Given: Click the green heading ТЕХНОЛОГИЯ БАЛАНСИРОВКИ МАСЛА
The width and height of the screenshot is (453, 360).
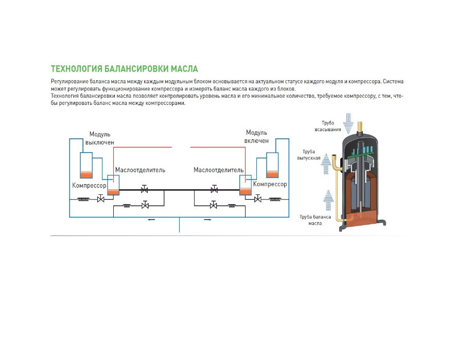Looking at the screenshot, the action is tap(124, 69).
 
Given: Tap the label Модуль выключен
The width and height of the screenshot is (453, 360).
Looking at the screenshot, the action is tap(100, 138).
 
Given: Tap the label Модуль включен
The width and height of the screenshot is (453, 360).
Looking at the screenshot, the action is tap(256, 137).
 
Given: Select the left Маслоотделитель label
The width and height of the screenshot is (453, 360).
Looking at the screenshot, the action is tap(140, 170).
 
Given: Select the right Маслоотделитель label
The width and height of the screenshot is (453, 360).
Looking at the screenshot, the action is tap(219, 170).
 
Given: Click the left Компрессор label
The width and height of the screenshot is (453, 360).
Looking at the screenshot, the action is tap(89, 185).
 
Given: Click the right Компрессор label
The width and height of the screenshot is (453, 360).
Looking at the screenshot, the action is tap(270, 184).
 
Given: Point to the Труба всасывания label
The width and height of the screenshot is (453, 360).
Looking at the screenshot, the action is tap(328, 126).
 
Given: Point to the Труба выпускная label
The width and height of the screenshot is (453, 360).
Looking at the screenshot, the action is tap(309, 155).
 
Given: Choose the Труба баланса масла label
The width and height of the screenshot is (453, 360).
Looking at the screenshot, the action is tap(315, 220).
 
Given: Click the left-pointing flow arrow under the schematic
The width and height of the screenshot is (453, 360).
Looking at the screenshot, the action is tap(151, 220).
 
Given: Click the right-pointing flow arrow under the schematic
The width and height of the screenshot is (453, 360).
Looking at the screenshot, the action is tap(208, 220).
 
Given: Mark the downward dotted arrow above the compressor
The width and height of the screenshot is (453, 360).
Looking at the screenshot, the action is tap(349, 123).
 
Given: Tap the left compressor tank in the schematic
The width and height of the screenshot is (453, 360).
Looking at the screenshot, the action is tap(86, 165).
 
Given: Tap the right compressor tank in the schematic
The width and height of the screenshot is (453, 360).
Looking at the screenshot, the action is tap(272, 165).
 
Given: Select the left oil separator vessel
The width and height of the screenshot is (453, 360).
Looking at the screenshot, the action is tap(113, 185).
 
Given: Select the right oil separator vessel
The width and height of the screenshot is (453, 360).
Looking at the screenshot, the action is tap(246, 185).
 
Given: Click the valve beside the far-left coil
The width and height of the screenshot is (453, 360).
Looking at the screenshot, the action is tap(100, 199).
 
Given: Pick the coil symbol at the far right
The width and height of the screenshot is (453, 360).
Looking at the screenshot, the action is tap(275, 199).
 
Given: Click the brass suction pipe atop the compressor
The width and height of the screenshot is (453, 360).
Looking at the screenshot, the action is tap(360, 128).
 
